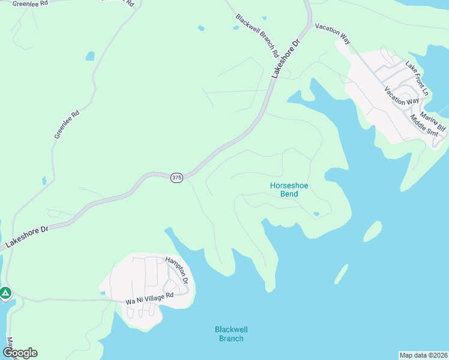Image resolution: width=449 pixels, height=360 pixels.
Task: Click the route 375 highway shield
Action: [176, 179]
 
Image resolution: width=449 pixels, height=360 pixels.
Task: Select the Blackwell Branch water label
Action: [231, 334]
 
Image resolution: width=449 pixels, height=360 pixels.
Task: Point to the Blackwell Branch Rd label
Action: [257, 36]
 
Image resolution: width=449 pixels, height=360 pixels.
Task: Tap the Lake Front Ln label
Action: [417, 78]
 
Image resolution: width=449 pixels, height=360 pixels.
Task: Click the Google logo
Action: [20, 353]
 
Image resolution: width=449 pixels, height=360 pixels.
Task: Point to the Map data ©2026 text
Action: [423, 355]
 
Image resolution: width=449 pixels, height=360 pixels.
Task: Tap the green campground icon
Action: [5, 293]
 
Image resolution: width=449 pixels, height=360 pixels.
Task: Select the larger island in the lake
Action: [372, 231]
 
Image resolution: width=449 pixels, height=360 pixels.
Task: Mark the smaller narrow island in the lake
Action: [341, 274]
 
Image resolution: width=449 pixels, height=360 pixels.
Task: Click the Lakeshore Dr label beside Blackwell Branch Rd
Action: [285, 59]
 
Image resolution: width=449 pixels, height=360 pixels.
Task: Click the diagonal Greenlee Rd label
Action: [67, 125]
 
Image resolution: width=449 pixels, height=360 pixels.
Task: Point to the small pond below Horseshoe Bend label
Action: [316, 213]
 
